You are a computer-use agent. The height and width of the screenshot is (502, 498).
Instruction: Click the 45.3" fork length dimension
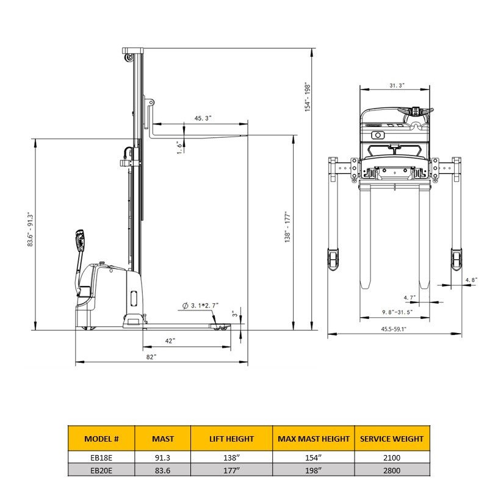point(203,118)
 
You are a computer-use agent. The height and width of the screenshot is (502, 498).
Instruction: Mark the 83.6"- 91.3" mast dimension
point(29,229)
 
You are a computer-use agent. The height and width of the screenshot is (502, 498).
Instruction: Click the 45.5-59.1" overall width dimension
point(394,329)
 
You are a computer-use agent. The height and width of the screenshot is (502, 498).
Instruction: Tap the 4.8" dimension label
point(471,280)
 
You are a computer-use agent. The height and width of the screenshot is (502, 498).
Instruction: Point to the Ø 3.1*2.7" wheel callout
point(202,305)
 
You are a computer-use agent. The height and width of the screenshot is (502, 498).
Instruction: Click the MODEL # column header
point(101,439)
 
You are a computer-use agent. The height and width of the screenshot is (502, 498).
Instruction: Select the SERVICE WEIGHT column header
point(391,439)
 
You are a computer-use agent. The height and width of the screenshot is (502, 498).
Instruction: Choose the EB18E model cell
point(101,457)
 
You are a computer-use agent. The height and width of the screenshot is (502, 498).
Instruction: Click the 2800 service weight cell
point(391,470)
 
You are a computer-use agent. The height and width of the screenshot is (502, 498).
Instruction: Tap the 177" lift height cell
point(231,470)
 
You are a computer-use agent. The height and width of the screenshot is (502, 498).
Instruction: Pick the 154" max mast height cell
point(314,457)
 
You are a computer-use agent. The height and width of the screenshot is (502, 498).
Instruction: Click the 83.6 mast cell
point(163,470)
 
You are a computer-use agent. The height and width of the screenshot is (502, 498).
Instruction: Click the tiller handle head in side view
point(79,239)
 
